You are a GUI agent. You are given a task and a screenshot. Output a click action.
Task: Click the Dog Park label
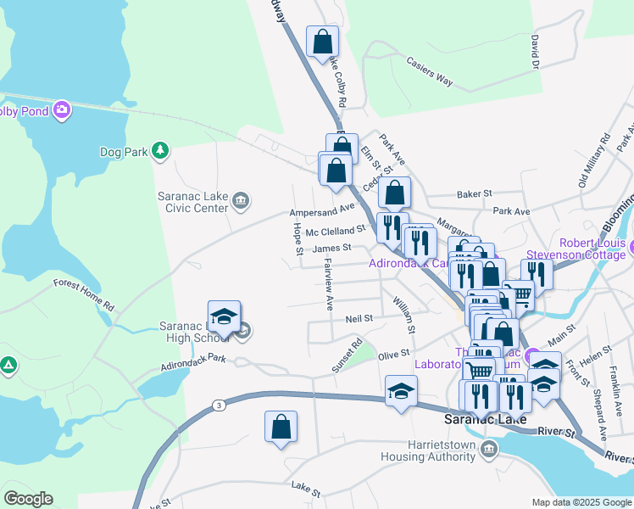124,152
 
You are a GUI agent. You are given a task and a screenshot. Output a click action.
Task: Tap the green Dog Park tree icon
158,151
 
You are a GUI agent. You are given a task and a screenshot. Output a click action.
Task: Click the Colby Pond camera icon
61,110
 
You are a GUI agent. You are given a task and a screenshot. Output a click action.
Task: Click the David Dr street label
534,52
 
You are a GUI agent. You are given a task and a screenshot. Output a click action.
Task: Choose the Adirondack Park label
194,362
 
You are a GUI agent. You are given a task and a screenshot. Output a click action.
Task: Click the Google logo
28,498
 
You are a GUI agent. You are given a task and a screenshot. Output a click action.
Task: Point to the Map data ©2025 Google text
581,502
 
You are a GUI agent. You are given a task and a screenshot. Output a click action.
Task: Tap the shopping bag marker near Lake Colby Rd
322,41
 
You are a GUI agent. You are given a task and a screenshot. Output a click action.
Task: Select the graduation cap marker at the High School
224,316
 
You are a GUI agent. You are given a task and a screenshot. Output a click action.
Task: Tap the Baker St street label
475,194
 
